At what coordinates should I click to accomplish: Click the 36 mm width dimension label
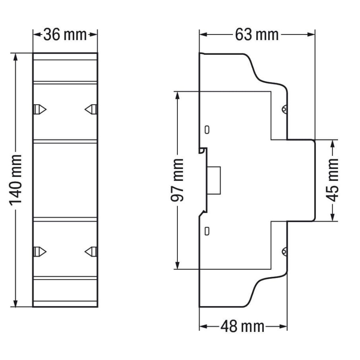click(65, 35)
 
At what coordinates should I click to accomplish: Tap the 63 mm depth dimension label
click(257, 35)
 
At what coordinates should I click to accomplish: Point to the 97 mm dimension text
click(177, 180)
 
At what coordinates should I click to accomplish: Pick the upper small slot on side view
click(207, 129)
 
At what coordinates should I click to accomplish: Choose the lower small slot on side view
click(207, 231)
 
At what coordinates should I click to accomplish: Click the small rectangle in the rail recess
click(214, 180)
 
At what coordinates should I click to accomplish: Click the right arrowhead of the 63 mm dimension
click(311, 35)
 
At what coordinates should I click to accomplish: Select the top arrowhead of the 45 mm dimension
click(333, 143)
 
